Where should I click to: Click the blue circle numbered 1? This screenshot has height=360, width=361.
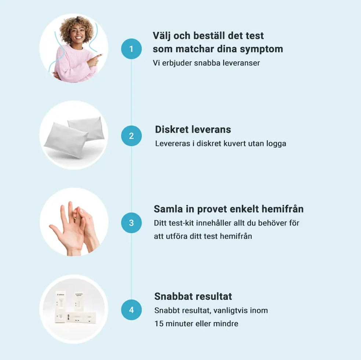coord(131,49)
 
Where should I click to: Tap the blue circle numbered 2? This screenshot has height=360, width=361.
coord(131,136)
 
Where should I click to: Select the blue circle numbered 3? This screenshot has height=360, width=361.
coord(131,223)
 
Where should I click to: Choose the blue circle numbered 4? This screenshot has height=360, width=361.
coord(131,310)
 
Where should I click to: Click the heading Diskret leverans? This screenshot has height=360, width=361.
coord(193,130)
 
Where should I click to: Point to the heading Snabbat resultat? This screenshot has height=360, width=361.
coord(193,296)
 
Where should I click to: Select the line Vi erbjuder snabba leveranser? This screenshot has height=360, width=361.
coord(206,63)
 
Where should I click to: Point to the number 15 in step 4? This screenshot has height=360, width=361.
coord(159,324)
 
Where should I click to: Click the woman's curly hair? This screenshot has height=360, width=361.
coord(76,28)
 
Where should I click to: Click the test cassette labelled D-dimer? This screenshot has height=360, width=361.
coord(61,304)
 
